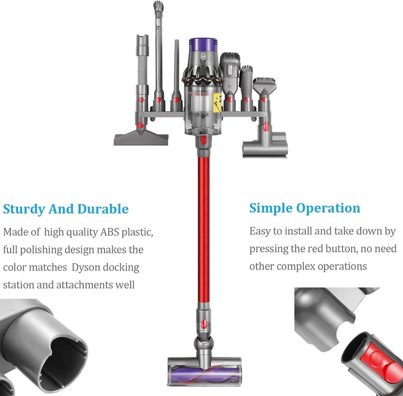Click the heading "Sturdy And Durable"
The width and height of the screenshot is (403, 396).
point(66,209)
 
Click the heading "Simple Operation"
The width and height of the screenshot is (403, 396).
point(305,208)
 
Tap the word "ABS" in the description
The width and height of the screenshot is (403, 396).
point(110,232)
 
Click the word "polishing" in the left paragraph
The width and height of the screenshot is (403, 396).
point(41,250)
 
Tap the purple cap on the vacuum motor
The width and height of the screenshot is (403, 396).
point(203,44)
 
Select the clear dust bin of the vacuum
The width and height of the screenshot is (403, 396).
point(203,110)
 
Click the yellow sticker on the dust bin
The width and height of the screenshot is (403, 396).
point(217,103)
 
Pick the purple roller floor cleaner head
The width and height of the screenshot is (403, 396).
point(205,371)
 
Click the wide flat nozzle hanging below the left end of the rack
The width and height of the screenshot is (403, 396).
point(141,138)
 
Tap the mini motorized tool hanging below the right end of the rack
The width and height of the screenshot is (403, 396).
point(265,144)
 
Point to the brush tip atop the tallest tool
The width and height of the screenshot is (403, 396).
point(158,6)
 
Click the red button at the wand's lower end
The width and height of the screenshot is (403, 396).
point(204,324)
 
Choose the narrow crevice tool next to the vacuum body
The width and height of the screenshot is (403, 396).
point(176,74)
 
